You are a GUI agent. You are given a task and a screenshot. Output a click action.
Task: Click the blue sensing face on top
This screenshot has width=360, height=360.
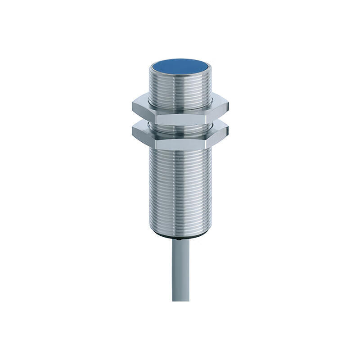pyautogui.click(x=180, y=67)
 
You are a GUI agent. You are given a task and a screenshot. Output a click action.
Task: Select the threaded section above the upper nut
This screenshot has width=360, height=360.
pyautogui.click(x=180, y=90)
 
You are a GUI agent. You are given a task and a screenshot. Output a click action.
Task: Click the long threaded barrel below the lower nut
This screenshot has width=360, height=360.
pyautogui.click(x=180, y=189)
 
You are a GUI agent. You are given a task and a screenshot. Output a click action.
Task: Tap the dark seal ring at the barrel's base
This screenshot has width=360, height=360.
pyautogui.click(x=180, y=236)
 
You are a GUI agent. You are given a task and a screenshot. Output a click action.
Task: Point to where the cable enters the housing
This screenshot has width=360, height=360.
pyautogui.click(x=180, y=240)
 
